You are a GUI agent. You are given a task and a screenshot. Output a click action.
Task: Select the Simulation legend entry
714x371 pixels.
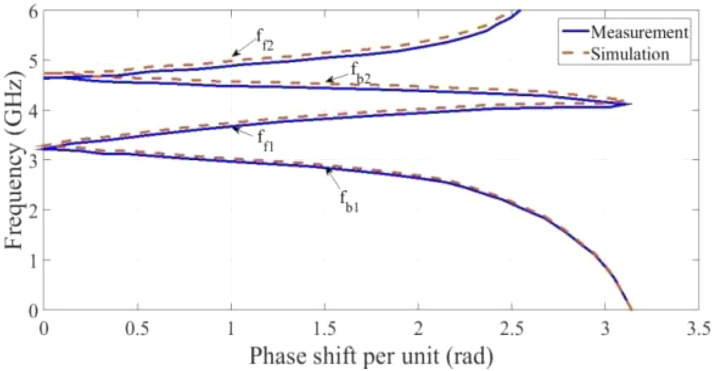pyautogui.click(x=632, y=54)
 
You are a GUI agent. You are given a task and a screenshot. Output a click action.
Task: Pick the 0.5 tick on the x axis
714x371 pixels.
pyautogui.click(x=137, y=325)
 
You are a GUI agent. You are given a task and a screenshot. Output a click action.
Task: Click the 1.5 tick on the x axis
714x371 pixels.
pyautogui.click(x=324, y=325)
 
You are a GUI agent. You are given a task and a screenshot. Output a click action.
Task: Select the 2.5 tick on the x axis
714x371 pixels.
pyautogui.click(x=512, y=325)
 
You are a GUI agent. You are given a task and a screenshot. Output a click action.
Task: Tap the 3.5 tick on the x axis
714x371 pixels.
pyautogui.click(x=698, y=325)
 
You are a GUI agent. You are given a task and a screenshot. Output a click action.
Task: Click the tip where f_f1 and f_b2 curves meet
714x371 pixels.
pyautogui.click(x=631, y=104)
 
